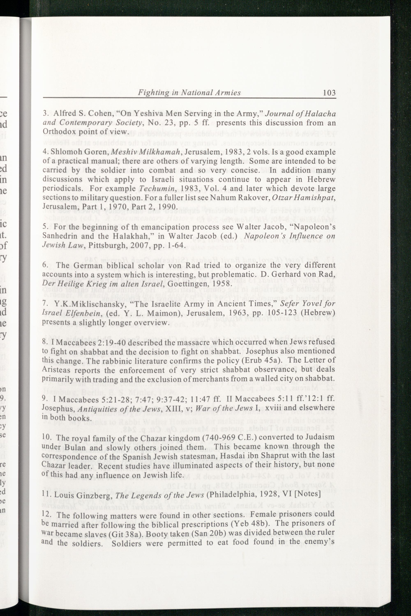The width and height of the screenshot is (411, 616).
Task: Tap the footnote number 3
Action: point(45,114)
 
